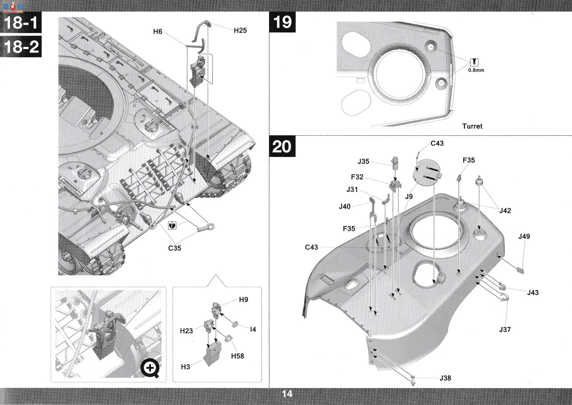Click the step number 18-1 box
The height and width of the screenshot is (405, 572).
coord(21,22)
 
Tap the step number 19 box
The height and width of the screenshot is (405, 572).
coord(282,22)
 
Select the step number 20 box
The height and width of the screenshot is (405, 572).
coord(282,147)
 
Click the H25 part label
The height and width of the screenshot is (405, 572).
coord(240,31)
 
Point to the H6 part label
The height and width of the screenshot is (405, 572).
coord(157,32)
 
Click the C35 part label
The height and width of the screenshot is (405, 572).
coord(175,248)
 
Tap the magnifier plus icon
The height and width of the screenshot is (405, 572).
coord(151,369)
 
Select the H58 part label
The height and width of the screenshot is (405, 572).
coord(237,356)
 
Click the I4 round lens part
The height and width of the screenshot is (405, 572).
coord(235,324)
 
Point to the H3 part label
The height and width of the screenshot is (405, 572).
coord(185,367)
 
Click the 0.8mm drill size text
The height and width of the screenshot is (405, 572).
coord(476,70)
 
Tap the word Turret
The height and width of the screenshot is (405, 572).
coord(472,126)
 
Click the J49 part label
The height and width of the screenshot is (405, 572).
coord(524,236)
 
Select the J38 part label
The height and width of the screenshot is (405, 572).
coord(445,378)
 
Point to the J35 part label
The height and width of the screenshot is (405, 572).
coord(363,161)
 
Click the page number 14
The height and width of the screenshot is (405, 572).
coord(287,394)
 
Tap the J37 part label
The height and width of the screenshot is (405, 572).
coord(505,330)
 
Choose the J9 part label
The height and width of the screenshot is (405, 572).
coord(409,197)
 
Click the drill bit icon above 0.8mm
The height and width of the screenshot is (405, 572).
coord(474,62)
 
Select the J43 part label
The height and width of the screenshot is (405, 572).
coord(533,293)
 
